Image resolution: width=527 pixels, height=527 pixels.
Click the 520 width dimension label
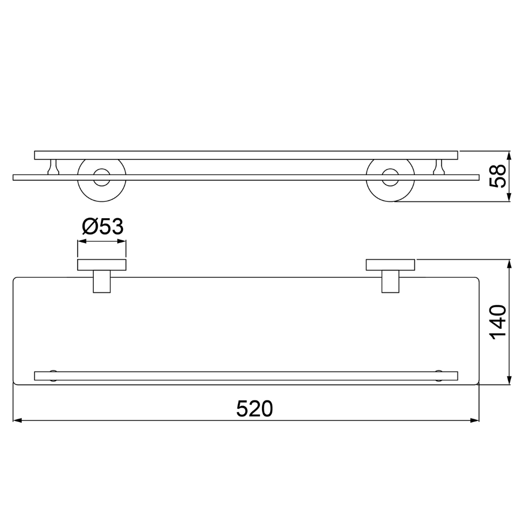pos(254,409)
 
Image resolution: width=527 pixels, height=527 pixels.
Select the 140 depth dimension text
pos(498,322)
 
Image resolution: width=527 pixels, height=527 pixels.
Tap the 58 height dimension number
pos(498,176)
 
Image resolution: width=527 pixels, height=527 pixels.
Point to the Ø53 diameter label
pos(103,226)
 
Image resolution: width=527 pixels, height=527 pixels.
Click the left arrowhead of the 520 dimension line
pos(17,420)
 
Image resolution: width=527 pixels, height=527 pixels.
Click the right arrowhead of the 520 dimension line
pos(475,420)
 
